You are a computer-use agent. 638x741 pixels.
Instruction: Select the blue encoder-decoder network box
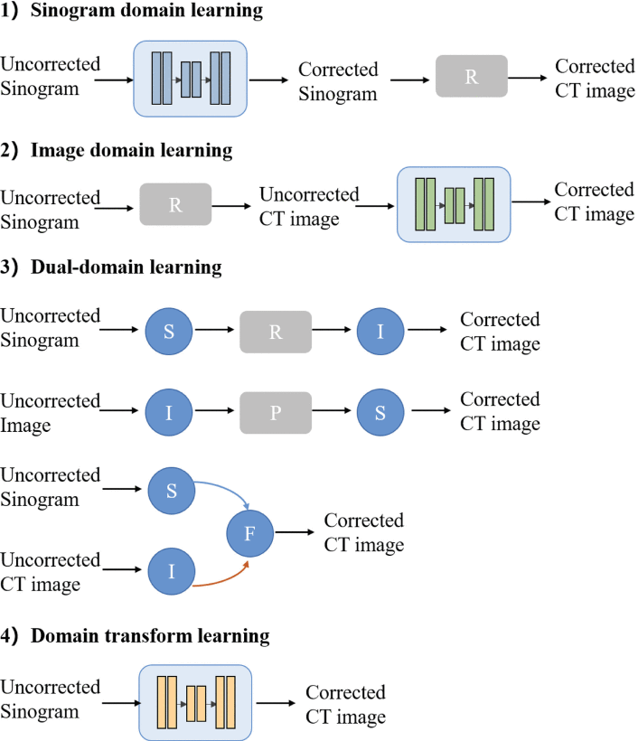click(190, 79)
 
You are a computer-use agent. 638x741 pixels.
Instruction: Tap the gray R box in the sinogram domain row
click(471, 77)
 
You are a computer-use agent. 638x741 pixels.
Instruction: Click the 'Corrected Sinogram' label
click(337, 80)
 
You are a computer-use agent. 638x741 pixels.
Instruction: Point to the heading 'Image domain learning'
click(131, 151)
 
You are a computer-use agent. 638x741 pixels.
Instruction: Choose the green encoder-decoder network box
click(454, 205)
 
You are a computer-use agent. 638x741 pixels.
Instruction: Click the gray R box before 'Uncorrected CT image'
click(175, 205)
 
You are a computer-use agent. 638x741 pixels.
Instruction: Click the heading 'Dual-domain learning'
click(126, 267)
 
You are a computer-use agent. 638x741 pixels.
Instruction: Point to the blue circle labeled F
click(250, 532)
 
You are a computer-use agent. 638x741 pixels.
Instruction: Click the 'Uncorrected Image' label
click(51, 411)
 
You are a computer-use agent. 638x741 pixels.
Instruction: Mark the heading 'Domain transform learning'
click(150, 636)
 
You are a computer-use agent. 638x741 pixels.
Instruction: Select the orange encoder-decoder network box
click(194, 700)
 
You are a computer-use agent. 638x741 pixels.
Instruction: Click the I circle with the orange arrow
click(169, 571)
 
